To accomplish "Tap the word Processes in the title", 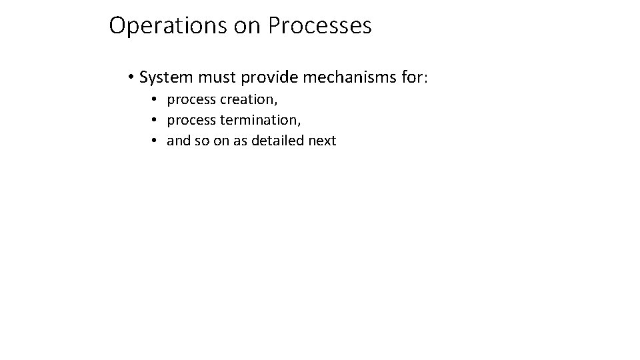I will (320, 27).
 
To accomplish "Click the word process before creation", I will (191, 101).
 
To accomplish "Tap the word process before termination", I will (191, 121).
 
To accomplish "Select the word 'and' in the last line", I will (178, 141).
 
